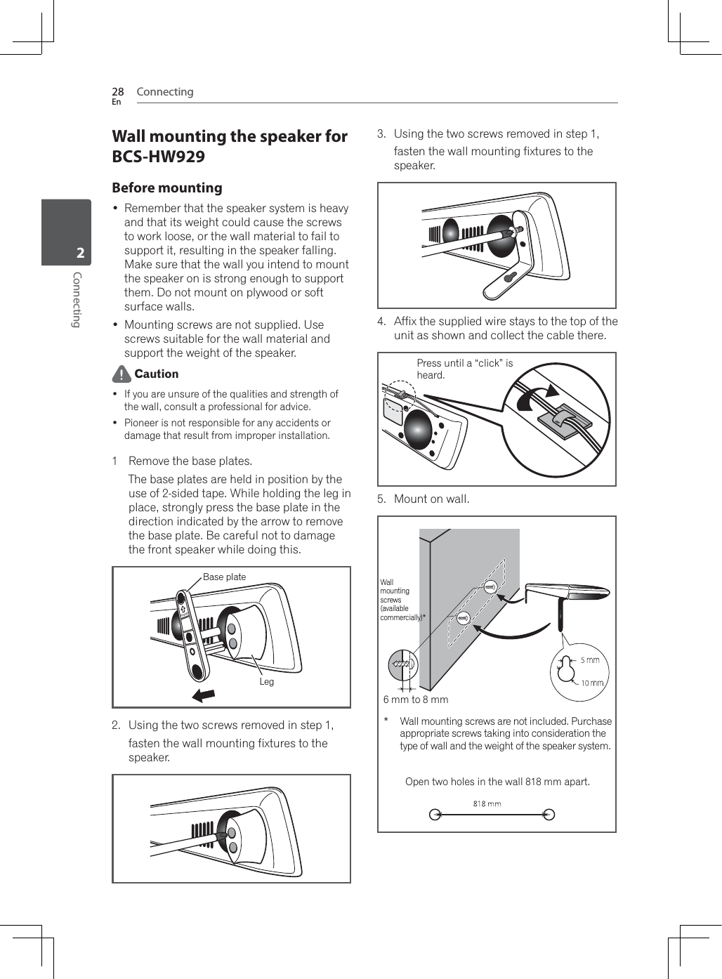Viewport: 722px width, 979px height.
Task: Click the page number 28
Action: [118, 92]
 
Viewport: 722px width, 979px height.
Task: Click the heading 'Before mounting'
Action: [167, 188]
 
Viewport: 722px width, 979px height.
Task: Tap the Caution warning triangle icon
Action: [122, 374]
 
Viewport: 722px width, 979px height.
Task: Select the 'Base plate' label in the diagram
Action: [224, 577]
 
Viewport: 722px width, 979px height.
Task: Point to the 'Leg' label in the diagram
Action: [266, 682]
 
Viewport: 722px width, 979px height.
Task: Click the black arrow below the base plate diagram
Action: [204, 695]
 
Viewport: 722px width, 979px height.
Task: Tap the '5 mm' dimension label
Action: [590, 660]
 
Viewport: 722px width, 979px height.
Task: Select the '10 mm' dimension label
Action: [592, 683]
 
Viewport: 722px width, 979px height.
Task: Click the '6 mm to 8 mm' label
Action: [415, 699]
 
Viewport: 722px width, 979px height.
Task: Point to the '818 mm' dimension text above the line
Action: [487, 804]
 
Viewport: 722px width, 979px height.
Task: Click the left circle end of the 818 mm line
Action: [435, 815]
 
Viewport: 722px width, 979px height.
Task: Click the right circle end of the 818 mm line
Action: [549, 815]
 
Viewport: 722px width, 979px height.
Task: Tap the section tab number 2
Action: [80, 253]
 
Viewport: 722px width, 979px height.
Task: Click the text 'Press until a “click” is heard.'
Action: [464, 369]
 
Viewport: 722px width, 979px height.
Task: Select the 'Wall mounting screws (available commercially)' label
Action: [401, 600]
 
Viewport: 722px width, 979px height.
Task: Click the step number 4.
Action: [381, 322]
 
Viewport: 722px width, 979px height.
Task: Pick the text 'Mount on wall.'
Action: [431, 499]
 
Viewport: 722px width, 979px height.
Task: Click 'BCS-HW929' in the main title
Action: [159, 157]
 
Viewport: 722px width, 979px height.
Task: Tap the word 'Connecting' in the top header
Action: [165, 92]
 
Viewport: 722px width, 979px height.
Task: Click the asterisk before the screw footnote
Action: [386, 721]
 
